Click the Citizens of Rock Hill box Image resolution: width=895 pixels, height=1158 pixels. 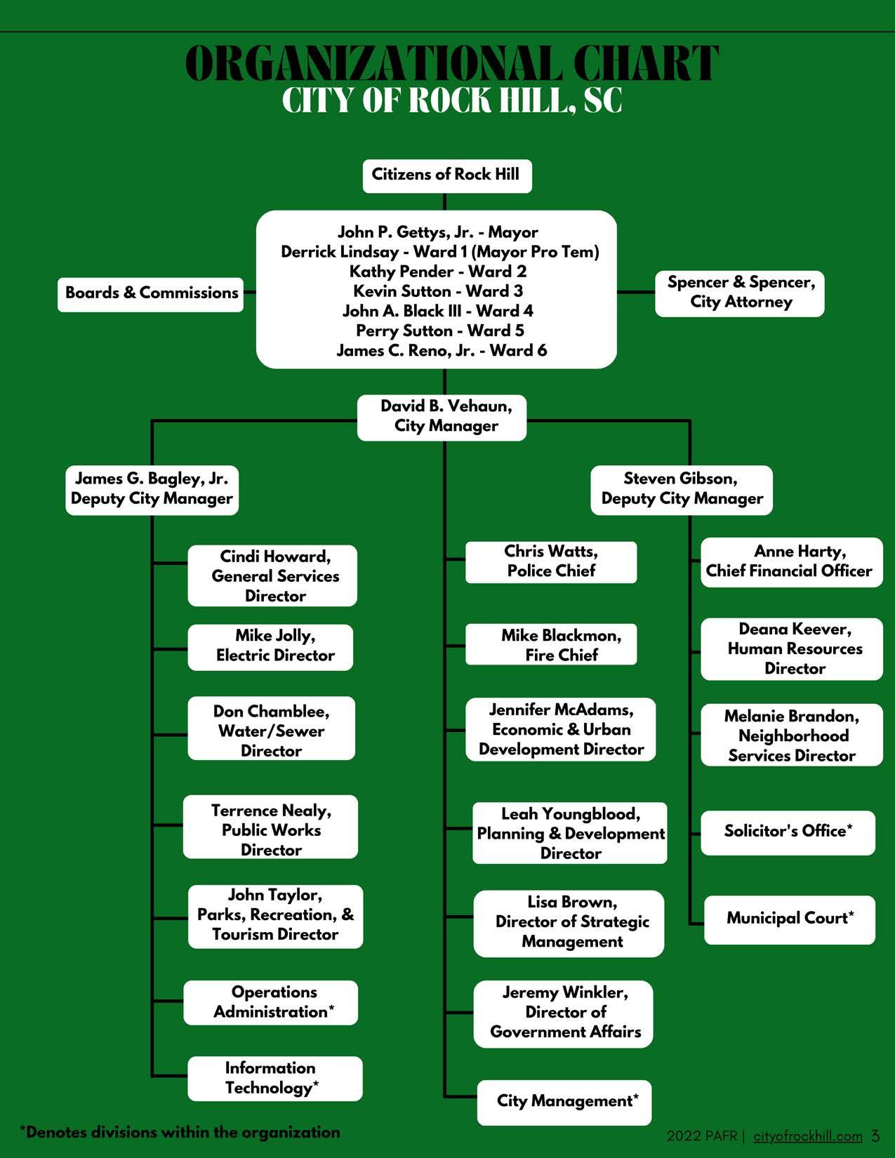pos(446,175)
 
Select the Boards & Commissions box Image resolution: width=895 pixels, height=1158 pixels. pos(151,293)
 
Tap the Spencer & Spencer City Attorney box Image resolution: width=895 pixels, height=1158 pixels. pos(740,293)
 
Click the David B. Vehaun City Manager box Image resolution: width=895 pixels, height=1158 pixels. pos(442,417)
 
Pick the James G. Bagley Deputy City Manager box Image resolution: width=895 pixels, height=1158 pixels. pos(152,489)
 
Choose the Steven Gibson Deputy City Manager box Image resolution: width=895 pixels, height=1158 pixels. pos(682,489)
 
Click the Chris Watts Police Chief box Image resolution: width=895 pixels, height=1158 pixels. pos(551,561)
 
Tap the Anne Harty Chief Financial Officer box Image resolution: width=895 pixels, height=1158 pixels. pos(791,562)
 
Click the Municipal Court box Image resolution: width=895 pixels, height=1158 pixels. pos(790,919)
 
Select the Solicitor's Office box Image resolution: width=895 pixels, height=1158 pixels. pos(788,832)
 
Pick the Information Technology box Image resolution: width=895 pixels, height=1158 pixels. pos(274,1079)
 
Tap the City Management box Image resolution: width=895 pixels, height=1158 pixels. pos(565,1102)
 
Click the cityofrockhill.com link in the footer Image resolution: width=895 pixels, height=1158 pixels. pos(808,1136)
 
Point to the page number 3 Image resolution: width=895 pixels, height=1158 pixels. pos(875,1136)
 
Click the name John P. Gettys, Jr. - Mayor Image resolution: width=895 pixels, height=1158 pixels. pos(437,232)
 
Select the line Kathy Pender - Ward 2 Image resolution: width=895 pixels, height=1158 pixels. pos(437,272)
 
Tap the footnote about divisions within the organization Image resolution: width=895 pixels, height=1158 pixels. pos(180,1132)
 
